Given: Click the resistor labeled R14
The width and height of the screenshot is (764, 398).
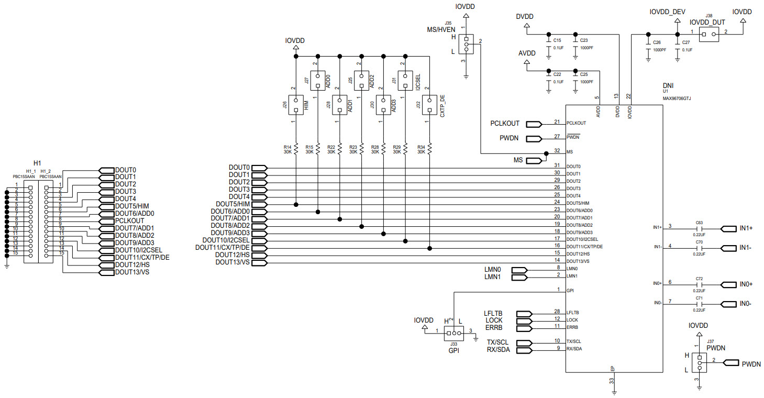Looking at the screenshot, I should point(296,149).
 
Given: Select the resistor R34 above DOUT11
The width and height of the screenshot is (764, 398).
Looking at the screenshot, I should point(429,149).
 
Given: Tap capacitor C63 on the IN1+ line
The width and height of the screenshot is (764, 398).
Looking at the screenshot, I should point(699,228).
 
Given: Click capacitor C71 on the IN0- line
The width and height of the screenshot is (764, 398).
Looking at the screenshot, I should point(699,304).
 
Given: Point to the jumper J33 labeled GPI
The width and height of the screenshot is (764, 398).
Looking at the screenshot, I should point(453,333).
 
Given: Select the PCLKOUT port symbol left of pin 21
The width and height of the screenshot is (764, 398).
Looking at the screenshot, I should point(534,124).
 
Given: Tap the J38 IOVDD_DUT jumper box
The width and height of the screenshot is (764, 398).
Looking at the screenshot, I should point(708,35).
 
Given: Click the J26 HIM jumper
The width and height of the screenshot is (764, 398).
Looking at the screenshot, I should point(296,105).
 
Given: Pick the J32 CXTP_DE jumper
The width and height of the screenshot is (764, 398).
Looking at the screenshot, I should point(429,105).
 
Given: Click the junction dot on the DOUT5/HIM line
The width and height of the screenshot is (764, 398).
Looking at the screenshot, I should point(296,204).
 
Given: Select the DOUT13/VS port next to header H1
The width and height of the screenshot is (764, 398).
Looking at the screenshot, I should point(106,272).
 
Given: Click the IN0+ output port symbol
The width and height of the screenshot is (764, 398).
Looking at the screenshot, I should point(728,284).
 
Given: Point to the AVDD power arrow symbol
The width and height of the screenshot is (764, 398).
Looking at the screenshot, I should point(527,62).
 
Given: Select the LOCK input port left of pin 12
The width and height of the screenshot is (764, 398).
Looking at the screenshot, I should point(524,320).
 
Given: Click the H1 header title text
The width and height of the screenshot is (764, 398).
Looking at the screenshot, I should point(37,163).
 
